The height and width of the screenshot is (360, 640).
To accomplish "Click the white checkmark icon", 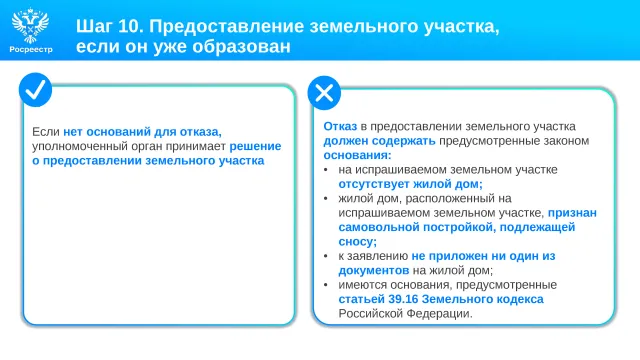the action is [36, 90].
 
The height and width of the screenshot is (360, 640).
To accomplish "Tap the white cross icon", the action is [324, 93].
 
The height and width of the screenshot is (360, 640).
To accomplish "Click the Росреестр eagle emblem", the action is [31, 25].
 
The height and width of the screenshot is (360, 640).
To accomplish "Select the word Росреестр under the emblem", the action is [31, 49].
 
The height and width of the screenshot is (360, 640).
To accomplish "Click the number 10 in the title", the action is [131, 26].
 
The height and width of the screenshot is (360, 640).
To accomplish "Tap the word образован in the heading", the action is [242, 46].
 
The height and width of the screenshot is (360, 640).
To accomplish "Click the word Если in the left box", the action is [46, 132].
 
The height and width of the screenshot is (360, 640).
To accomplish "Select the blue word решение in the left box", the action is [255, 146].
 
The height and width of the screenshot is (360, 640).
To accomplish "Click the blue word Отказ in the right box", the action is [340, 127].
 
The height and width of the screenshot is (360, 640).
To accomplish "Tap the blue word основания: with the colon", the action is [357, 155].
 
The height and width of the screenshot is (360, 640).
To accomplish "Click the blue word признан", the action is [572, 213].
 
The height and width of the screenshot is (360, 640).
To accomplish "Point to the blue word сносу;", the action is [358, 242].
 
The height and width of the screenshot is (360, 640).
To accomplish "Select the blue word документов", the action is [373, 271].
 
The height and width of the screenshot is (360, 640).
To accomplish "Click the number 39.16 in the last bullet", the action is [403, 299].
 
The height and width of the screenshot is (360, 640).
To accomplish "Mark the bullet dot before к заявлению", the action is [326, 256].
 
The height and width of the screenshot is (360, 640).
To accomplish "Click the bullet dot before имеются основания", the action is [326, 284].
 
